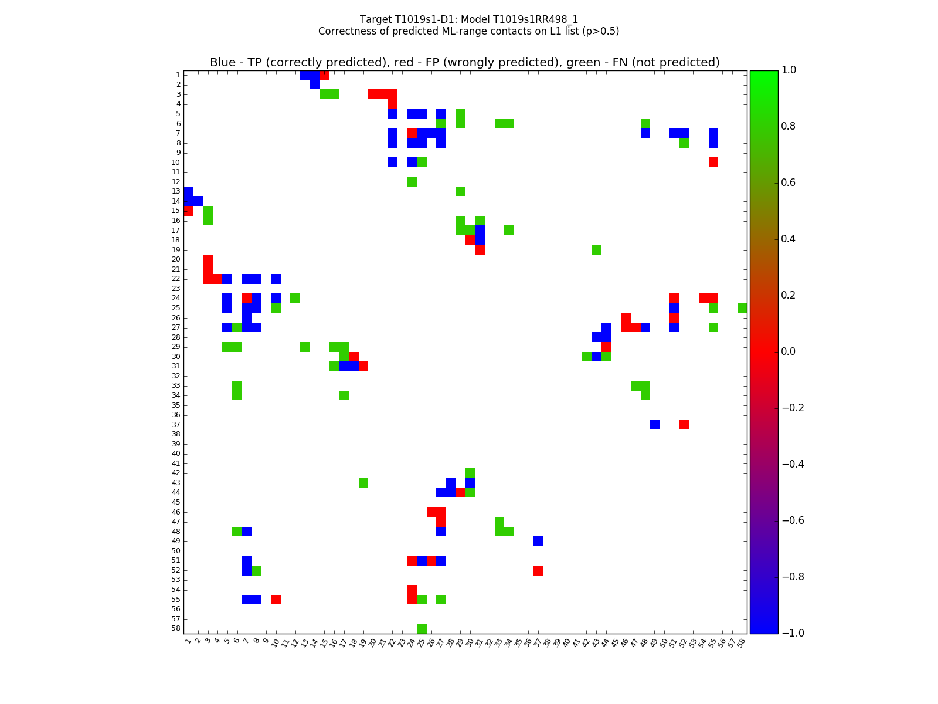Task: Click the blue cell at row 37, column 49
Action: click(x=655, y=425)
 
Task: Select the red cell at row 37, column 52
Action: click(x=684, y=425)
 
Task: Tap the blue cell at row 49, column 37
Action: click(x=538, y=541)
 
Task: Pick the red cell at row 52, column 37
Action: click(x=538, y=570)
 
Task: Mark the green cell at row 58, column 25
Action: click(x=422, y=628)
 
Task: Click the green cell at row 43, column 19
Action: click(x=363, y=483)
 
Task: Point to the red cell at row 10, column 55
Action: click(x=713, y=163)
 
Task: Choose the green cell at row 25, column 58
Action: click(x=742, y=308)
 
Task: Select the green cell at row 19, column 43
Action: click(x=597, y=250)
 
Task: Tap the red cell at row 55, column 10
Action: click(x=276, y=600)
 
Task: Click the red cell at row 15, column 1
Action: click(x=188, y=211)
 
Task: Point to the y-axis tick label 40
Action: click(x=176, y=453)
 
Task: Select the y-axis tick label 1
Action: click(x=178, y=75)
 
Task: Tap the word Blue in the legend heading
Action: click(x=223, y=63)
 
